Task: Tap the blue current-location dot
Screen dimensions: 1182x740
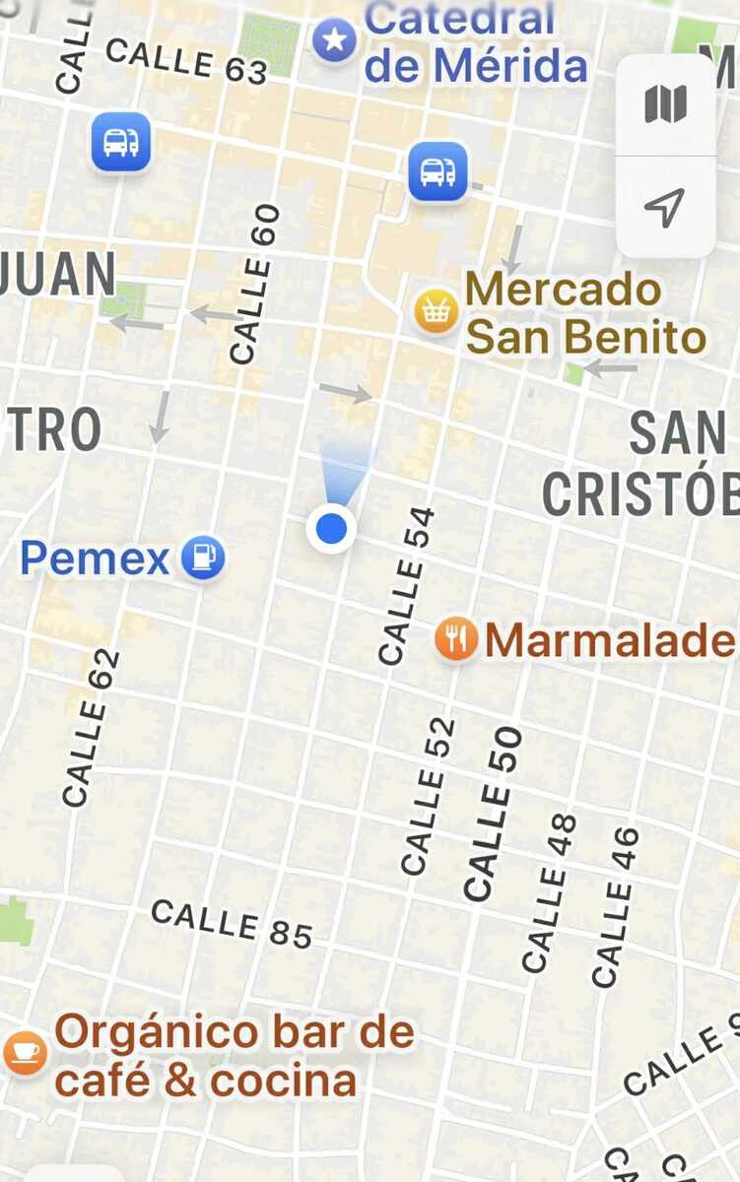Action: point(332,529)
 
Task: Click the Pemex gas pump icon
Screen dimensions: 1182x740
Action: point(203,558)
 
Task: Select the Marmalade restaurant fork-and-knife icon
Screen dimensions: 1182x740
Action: point(456,640)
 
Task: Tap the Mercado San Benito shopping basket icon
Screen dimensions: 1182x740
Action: point(436,312)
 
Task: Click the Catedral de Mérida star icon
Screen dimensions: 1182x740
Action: point(335,40)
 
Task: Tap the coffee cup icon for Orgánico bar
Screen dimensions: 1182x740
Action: point(25,1052)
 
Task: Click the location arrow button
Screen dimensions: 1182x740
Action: point(665,207)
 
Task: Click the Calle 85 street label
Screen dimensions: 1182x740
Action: point(232,924)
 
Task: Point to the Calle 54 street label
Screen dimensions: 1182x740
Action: point(407,585)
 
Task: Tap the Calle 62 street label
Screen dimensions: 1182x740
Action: point(91,728)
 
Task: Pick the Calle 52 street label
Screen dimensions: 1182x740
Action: point(430,796)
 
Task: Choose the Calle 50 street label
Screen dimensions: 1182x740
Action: point(492,814)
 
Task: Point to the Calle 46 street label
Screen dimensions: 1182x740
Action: point(616,907)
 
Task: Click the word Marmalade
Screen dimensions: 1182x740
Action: point(610,641)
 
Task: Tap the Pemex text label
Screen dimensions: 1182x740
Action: point(96,559)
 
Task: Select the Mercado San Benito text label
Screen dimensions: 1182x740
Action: point(585,313)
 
